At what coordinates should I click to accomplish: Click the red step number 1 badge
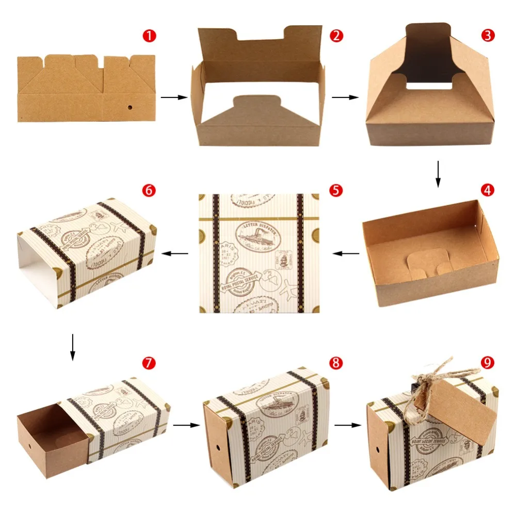(x=149, y=36)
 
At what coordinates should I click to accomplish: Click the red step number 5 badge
(x=336, y=190)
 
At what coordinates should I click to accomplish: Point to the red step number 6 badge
(x=149, y=190)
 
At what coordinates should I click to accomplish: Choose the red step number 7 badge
(x=149, y=362)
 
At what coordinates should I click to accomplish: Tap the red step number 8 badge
(x=336, y=362)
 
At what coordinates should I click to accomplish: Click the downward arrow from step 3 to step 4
(x=438, y=174)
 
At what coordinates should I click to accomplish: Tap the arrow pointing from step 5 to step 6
(x=175, y=253)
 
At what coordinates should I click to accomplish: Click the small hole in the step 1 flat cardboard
(x=130, y=108)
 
